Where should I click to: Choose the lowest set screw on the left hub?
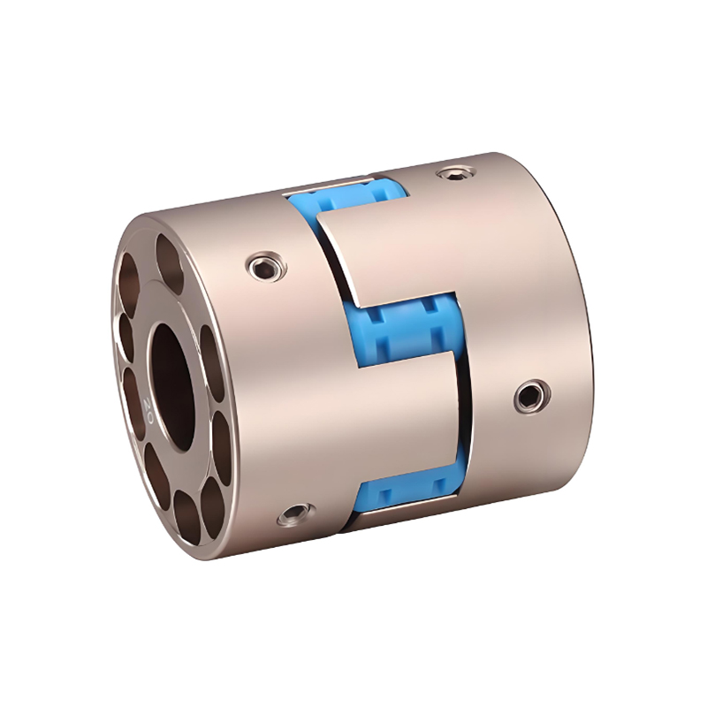(294, 513)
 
